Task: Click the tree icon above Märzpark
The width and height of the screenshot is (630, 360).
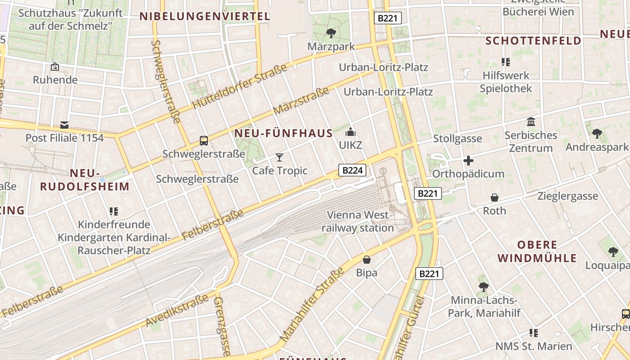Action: pos(331,33)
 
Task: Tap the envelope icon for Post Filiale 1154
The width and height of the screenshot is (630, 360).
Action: pos(64,125)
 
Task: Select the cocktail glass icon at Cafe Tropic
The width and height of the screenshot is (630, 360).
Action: pos(279,157)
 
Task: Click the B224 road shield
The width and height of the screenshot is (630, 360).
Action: pos(352,170)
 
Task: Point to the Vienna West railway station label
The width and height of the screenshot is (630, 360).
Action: pos(357,221)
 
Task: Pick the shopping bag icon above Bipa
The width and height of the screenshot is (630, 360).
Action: pos(367,260)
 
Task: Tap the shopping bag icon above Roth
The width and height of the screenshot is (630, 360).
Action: pos(494,198)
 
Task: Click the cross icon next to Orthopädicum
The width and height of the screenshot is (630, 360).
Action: pos(468,161)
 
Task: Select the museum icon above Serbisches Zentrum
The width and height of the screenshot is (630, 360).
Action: pos(531,122)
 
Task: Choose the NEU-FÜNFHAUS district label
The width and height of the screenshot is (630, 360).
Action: pos(283,133)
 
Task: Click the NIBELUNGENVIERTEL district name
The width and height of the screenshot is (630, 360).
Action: pos(205,17)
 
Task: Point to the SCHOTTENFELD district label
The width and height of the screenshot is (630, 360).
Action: pos(533,41)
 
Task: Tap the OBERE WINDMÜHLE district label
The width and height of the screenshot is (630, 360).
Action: pos(537,252)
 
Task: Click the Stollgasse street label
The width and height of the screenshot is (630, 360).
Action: pos(457,139)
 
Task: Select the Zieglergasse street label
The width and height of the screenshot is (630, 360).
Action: pos(568,196)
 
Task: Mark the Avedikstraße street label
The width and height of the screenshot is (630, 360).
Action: pos(177,310)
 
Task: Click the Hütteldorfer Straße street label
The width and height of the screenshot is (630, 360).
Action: pos(239,87)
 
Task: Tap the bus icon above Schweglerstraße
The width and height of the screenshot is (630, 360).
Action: pos(204,141)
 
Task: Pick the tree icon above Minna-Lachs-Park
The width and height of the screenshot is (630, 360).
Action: pos(483,287)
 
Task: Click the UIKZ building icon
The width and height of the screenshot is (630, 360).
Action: pos(351,132)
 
